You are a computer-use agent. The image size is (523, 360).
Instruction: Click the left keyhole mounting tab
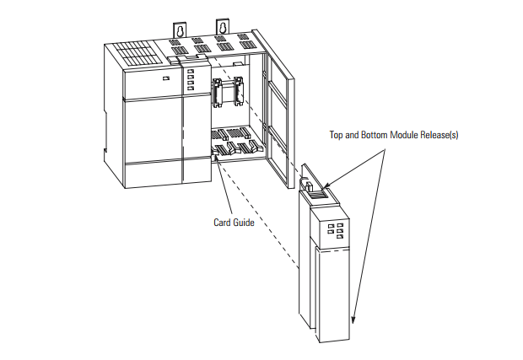click(x=180, y=30)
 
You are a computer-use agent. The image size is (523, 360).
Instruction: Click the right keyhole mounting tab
click(x=223, y=28)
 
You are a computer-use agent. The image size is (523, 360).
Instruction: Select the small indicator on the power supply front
click(x=165, y=79)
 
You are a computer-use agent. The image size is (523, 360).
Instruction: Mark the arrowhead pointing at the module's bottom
click(x=355, y=321)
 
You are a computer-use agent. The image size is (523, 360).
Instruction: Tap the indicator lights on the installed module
click(x=190, y=81)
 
